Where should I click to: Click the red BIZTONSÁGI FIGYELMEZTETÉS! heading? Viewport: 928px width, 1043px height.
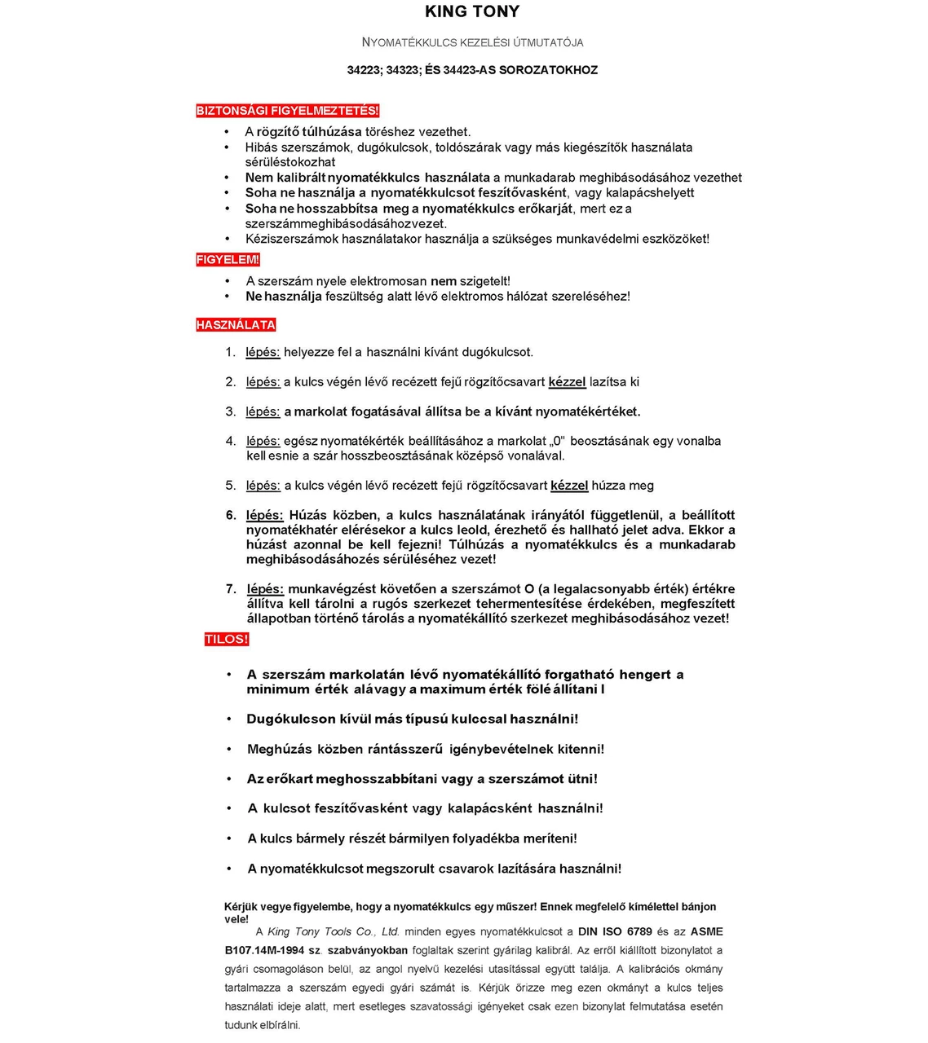(288, 111)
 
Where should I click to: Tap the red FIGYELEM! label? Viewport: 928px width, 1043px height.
(228, 260)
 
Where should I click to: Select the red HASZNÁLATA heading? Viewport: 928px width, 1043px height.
(236, 325)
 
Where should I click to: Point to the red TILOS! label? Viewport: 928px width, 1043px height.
(227, 640)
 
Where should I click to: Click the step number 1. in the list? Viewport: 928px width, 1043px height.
(231, 352)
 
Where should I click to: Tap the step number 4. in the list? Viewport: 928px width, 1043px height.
(231, 441)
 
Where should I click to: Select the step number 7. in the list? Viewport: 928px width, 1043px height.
(231, 588)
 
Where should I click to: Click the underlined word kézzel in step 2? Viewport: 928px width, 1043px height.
(567, 381)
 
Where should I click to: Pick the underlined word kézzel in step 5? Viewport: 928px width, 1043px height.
(569, 486)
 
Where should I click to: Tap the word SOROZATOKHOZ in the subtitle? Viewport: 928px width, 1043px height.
(548, 70)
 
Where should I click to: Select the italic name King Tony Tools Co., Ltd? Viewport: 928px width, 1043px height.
(333, 931)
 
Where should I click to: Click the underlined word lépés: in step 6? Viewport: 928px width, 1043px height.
(265, 515)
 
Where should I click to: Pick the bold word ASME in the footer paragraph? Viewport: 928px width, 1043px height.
(706, 931)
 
